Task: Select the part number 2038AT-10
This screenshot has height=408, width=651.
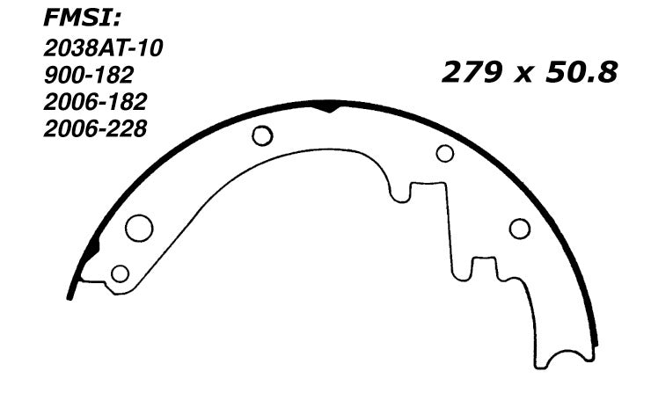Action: click(x=102, y=50)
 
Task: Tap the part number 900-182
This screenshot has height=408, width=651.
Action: click(x=89, y=77)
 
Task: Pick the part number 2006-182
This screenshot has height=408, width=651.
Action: click(x=95, y=103)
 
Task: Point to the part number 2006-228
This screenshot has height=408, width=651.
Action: click(x=95, y=128)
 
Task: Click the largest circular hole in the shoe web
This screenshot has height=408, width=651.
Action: click(x=138, y=228)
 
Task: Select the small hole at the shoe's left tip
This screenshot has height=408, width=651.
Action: click(x=120, y=273)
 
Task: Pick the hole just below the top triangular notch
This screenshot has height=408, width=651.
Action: click(x=262, y=135)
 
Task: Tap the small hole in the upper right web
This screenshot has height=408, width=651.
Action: click(x=445, y=154)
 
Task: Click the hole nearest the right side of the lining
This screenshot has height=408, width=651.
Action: click(x=520, y=229)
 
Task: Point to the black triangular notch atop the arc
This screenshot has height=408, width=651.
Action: click(x=327, y=106)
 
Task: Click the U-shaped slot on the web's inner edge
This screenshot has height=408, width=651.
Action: click(x=400, y=192)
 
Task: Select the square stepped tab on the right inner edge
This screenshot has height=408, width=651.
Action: click(x=483, y=266)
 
